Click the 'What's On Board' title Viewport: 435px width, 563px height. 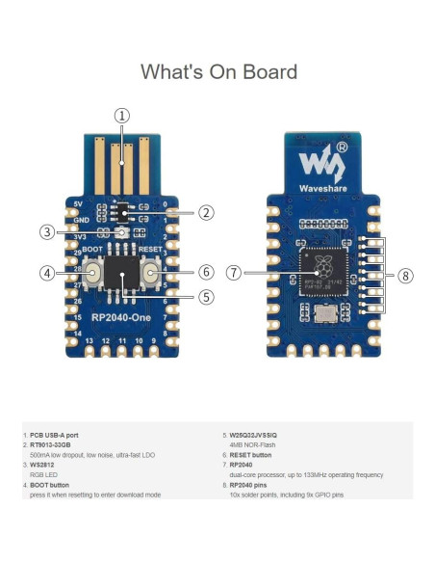[x=218, y=71]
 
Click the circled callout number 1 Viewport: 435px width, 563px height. [x=122, y=116]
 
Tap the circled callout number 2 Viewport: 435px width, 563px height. [x=207, y=212]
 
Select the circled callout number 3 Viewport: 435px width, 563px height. [x=46, y=231]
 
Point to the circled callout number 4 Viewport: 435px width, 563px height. [x=45, y=273]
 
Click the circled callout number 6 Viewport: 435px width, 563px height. [x=205, y=273]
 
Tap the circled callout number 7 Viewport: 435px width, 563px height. [x=233, y=273]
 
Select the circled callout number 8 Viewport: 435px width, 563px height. [x=405, y=276]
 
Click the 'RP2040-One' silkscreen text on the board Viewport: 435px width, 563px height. [x=120, y=316]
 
